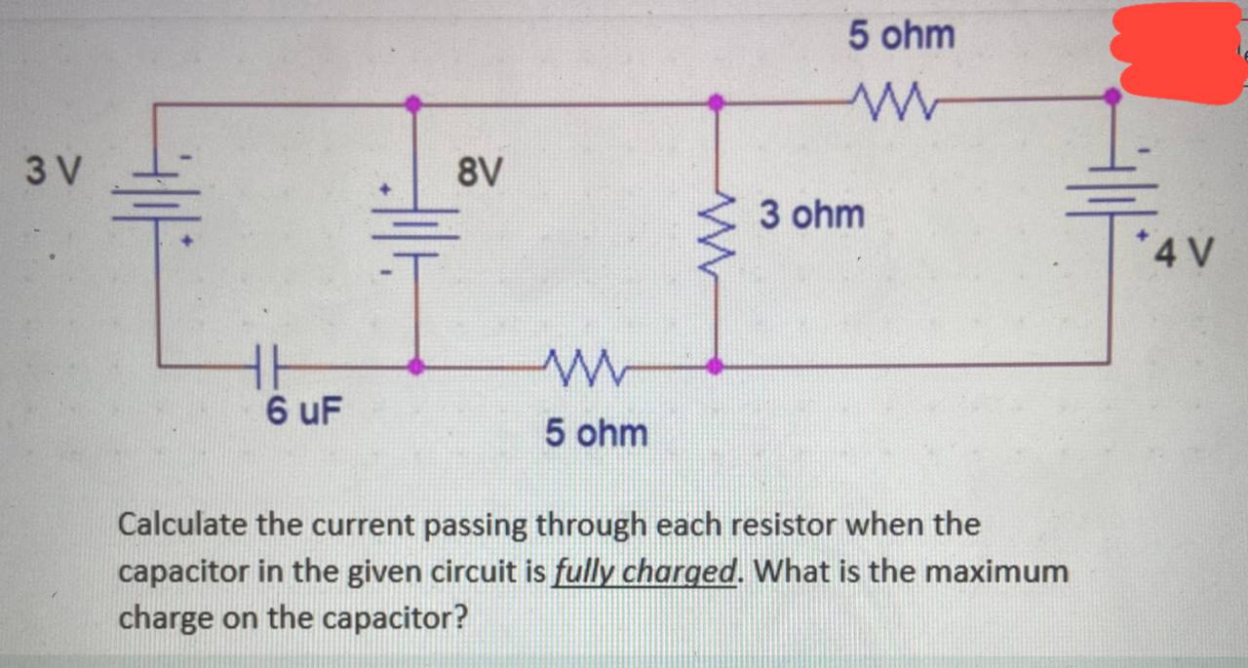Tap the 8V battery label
[x=480, y=174]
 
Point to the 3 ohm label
[x=811, y=214]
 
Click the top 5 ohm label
[x=901, y=36]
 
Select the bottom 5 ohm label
[x=596, y=432]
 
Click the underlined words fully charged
[x=643, y=572]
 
